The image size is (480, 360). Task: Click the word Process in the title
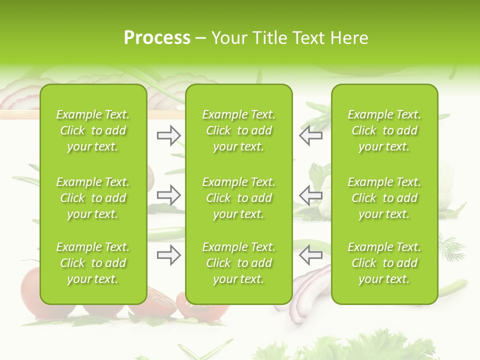(157, 38)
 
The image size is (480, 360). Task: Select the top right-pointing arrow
(169, 135)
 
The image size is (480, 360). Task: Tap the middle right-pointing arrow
(169, 195)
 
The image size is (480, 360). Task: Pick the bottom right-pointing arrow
(169, 255)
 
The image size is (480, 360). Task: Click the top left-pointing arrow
(310, 135)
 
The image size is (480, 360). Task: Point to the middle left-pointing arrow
(310, 195)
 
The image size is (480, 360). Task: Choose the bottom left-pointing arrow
(310, 255)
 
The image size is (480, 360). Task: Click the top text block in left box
(93, 130)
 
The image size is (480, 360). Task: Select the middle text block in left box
(93, 198)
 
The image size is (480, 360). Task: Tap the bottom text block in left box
(93, 263)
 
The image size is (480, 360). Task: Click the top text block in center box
(239, 130)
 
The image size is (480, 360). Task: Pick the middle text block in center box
(239, 198)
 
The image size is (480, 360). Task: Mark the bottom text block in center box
(239, 263)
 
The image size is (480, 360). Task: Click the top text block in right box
(384, 130)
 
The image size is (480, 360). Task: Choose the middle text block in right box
(384, 198)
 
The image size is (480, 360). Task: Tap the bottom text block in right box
(384, 263)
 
